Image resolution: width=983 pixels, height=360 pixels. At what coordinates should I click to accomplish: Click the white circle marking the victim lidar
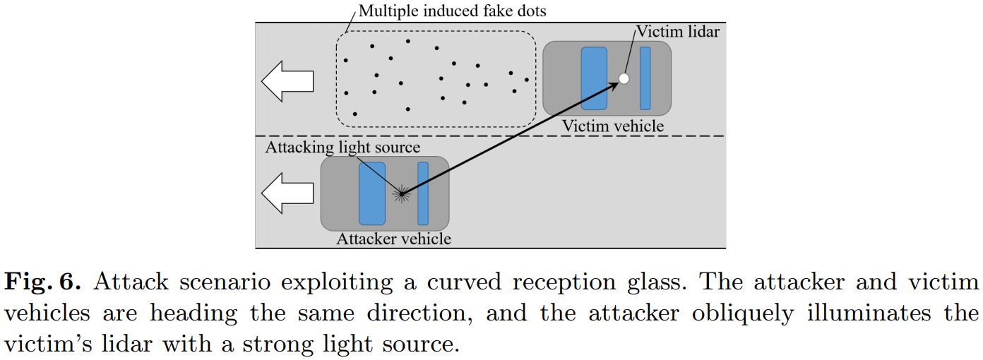coord(624,78)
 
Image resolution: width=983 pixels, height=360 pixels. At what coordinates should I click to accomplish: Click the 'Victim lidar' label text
coord(678,32)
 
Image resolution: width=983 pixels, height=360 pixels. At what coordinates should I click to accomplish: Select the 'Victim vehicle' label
coord(613,126)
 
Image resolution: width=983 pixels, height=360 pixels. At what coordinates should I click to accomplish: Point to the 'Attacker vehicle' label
coord(393,239)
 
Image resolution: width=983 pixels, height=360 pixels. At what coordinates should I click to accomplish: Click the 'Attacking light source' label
coord(342,147)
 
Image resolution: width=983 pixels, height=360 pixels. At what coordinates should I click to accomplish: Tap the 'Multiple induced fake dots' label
coord(453,11)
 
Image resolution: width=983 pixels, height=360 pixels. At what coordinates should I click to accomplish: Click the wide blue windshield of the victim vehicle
coord(594,78)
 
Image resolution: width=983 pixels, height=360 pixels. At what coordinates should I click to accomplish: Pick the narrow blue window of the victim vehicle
coord(645,78)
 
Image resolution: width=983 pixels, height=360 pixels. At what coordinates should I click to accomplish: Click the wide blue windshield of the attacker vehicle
coord(372,193)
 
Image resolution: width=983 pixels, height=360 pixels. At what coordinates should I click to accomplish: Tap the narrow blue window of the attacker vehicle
coord(423,193)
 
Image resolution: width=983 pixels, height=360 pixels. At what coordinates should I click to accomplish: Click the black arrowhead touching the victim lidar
coord(613,85)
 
